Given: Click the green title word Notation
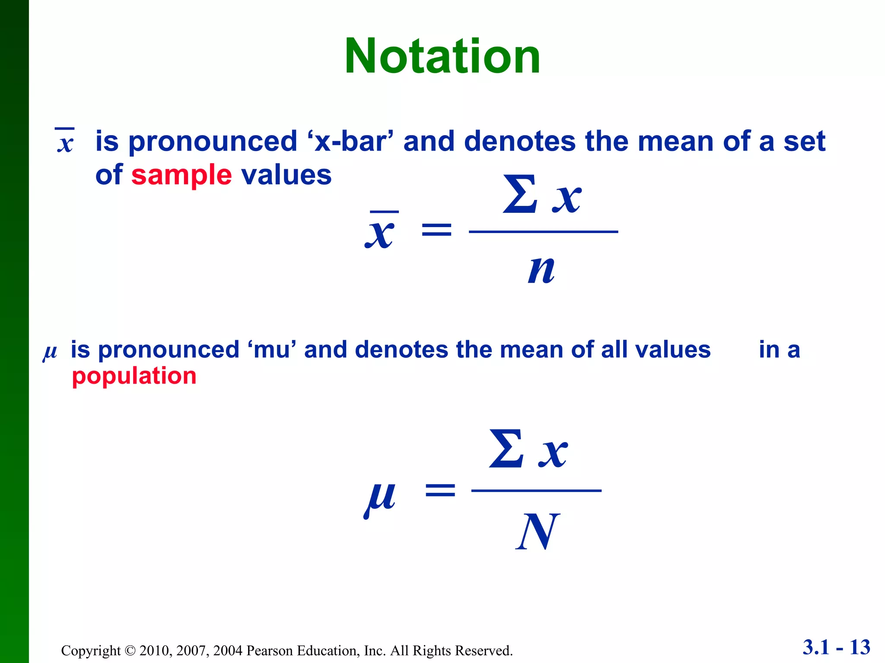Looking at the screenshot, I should (442, 57).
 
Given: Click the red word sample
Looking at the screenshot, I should (181, 175).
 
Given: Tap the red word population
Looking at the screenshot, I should (134, 376).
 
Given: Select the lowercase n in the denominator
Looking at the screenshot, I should (541, 269).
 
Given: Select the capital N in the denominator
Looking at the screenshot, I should (538, 532).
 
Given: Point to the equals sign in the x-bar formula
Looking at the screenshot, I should (436, 230).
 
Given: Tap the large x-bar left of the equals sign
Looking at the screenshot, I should (380, 231).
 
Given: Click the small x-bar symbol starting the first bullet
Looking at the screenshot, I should (65, 141).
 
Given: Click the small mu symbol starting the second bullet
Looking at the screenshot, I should (50, 352).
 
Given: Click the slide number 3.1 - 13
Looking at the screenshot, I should (836, 647).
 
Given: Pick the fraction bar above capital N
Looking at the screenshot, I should (536, 491).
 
